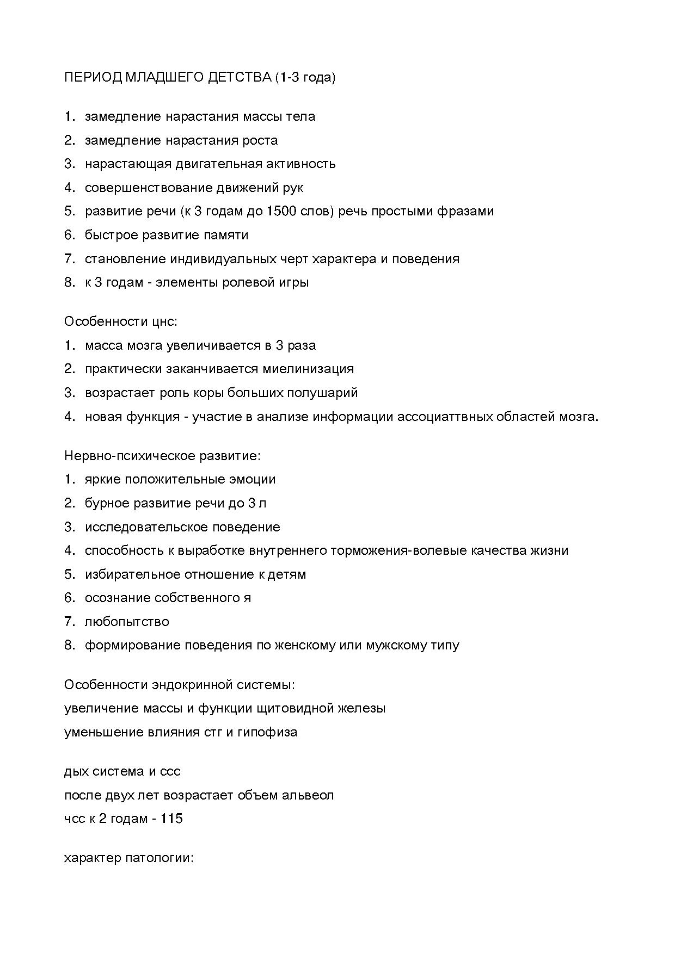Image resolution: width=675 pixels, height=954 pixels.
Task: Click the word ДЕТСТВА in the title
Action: click(240, 78)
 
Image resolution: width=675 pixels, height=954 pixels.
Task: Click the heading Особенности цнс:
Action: click(121, 321)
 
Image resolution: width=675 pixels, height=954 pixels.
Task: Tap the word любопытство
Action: click(127, 621)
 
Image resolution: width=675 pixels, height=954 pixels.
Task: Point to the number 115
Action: click(171, 819)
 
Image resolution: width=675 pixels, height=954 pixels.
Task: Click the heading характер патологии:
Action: click(129, 858)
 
